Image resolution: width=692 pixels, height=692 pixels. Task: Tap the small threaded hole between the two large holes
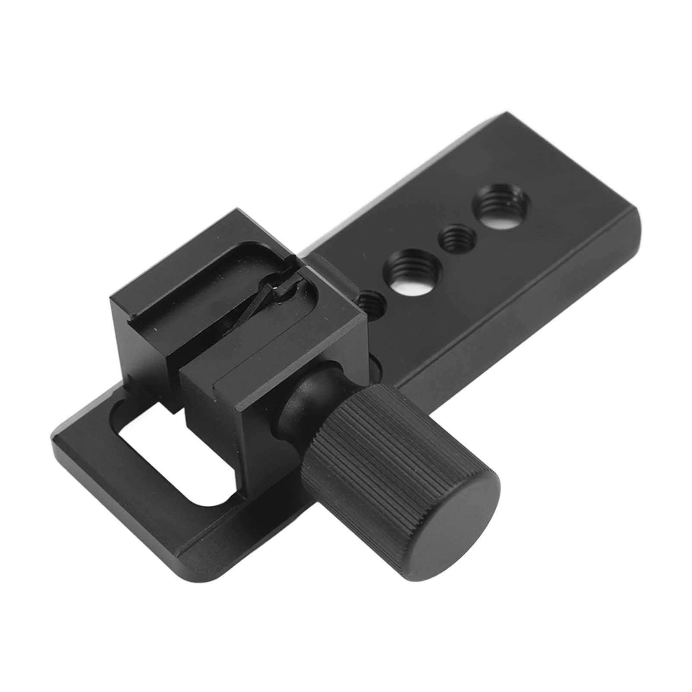(452, 236)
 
